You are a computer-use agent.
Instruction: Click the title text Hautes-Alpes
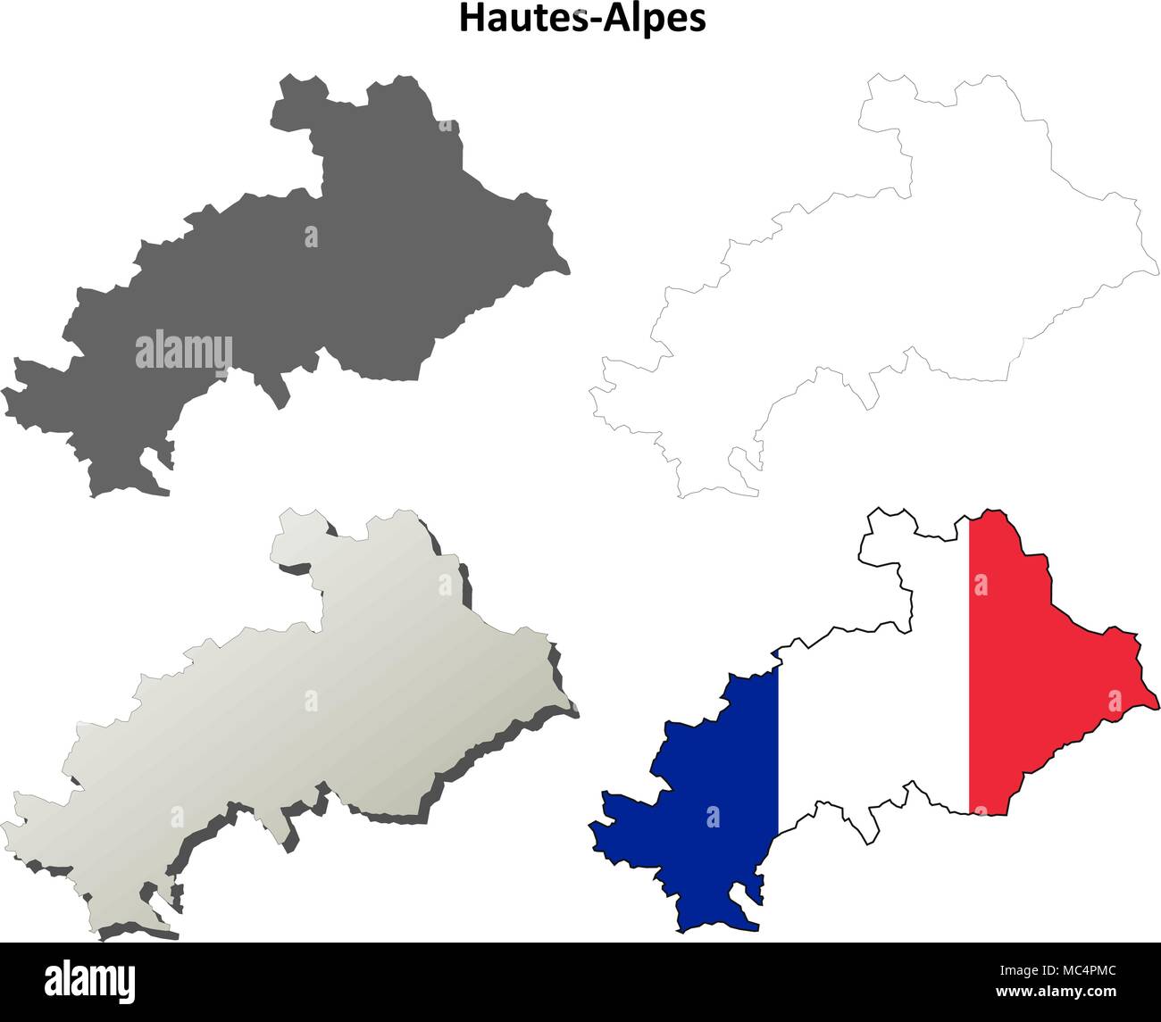coord(582,18)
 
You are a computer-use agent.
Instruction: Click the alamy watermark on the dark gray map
coord(184,350)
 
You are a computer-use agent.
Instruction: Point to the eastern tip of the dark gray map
coord(568,267)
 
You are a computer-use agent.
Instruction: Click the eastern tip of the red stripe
coord(1157,694)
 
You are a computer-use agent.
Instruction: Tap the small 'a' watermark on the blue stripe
coord(713,815)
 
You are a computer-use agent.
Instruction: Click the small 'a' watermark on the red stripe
coord(981,585)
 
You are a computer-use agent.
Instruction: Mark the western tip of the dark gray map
coord(5,393)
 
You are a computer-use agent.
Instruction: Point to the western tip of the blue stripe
coord(591,827)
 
